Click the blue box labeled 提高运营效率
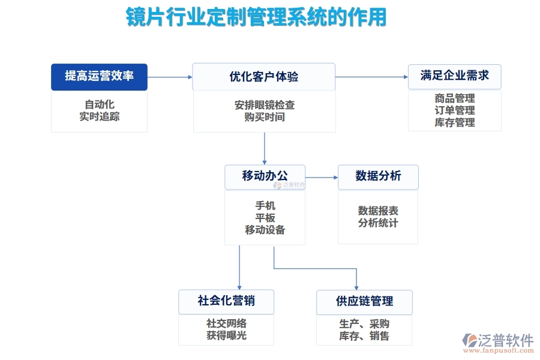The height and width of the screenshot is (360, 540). tap(99, 76)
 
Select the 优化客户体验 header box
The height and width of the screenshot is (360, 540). tap(263, 77)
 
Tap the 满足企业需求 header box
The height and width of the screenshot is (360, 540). tap(454, 76)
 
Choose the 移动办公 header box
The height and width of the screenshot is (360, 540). tap(265, 176)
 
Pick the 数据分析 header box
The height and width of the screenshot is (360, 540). tap(378, 176)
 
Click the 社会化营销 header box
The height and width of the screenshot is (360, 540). tap(226, 301)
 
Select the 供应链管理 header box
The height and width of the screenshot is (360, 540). tap(364, 302)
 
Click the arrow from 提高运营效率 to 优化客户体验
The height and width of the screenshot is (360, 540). tap(170, 77)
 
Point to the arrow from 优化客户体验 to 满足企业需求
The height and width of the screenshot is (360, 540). tap(371, 77)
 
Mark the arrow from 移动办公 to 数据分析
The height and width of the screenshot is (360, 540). tap(321, 177)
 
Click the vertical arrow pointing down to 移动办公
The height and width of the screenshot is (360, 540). tap(265, 148)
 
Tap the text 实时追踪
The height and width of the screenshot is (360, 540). tap(99, 116)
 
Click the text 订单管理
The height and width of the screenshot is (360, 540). tap(454, 110)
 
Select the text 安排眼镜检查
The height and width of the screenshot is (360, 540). tap(264, 105)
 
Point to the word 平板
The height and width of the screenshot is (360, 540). tap(265, 218)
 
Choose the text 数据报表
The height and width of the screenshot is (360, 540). tap(378, 211)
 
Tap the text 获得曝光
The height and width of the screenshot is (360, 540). tap(226, 335)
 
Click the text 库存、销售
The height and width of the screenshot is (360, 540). tap(364, 336)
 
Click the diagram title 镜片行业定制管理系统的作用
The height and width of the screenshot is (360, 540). tap(256, 17)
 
